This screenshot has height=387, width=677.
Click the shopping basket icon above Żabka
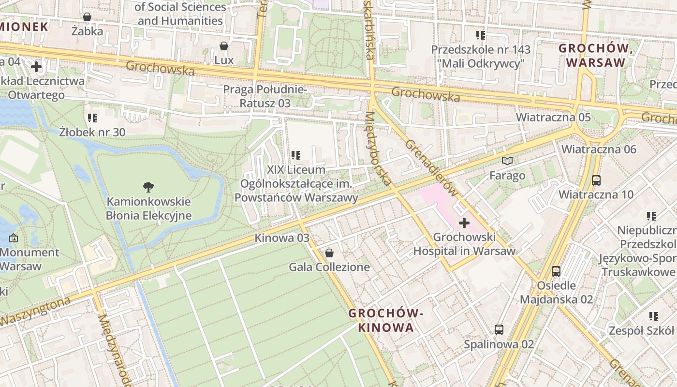[87, 17]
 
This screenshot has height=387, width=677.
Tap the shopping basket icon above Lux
[224, 46]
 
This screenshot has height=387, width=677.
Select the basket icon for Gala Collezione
[329, 253]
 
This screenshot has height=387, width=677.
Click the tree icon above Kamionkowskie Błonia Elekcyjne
[148, 187]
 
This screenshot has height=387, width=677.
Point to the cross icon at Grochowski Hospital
[464, 223]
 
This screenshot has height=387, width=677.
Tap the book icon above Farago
[507, 161]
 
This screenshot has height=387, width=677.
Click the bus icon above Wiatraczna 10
[596, 180]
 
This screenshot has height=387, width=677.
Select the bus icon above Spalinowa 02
[499, 330]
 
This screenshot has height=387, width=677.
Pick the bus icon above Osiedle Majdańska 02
[556, 271]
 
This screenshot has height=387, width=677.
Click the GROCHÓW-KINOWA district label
[386, 320]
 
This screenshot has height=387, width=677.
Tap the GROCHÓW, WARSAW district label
[596, 56]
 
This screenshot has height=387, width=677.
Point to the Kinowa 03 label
[282, 238]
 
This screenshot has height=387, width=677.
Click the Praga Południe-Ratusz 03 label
[265, 96]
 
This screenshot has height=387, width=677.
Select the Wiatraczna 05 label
[553, 117]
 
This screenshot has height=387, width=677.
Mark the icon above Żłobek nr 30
[92, 118]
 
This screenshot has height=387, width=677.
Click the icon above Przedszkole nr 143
[480, 35]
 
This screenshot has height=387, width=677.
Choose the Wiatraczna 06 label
[599, 149]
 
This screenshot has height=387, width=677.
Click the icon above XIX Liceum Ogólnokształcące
[296, 155]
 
